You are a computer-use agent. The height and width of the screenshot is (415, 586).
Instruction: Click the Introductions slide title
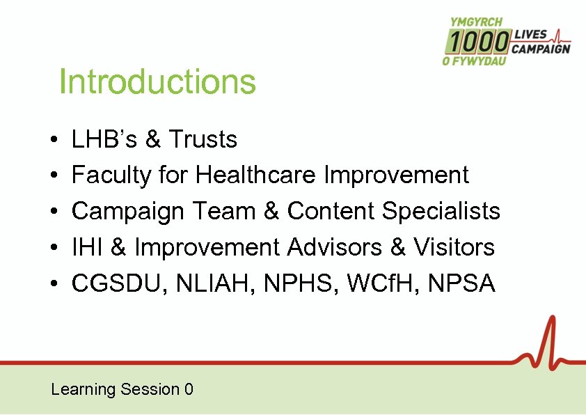158,81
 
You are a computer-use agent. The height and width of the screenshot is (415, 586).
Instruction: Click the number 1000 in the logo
477,42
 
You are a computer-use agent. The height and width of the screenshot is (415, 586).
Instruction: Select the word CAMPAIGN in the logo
541,49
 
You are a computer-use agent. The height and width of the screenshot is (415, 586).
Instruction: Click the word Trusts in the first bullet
203,139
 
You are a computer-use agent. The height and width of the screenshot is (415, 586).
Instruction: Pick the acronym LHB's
105,139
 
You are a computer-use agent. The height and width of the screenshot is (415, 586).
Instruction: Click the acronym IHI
84,246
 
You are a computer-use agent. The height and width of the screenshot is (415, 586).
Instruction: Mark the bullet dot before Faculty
54,175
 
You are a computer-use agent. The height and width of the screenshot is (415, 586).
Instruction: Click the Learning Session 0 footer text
122,389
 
